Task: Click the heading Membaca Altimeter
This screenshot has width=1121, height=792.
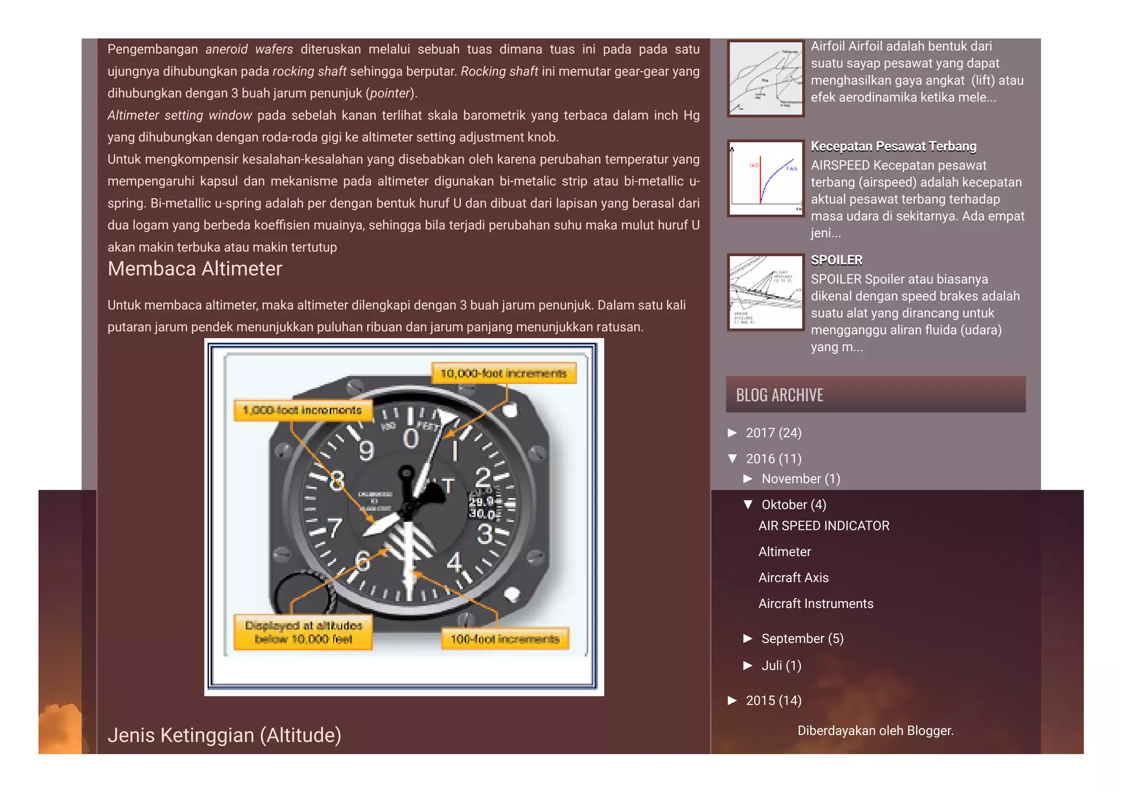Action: pyautogui.click(x=194, y=269)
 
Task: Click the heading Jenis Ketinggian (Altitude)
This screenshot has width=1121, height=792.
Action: pyautogui.click(x=224, y=735)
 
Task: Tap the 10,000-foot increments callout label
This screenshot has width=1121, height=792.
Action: pyautogui.click(x=503, y=373)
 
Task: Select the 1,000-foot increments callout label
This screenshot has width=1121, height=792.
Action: pyautogui.click(x=302, y=410)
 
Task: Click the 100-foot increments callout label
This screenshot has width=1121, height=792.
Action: pyautogui.click(x=505, y=639)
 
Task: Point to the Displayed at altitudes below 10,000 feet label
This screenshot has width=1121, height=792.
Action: pyautogui.click(x=303, y=632)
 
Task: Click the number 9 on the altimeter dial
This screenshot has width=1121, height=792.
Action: pyautogui.click(x=366, y=451)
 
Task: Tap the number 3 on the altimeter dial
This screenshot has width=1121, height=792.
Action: pyautogui.click(x=485, y=534)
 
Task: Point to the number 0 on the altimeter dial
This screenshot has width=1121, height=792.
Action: pyautogui.click(x=411, y=438)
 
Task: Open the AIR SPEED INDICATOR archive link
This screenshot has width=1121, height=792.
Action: pyautogui.click(x=823, y=526)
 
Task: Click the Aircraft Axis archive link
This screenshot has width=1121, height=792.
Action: pyautogui.click(x=793, y=578)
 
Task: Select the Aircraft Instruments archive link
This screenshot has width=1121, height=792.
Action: pyautogui.click(x=816, y=604)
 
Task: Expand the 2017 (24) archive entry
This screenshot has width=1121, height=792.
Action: pyautogui.click(x=773, y=433)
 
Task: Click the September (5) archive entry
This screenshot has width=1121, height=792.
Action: pyautogui.click(x=802, y=639)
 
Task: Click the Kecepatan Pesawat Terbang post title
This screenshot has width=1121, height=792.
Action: pyautogui.click(x=893, y=147)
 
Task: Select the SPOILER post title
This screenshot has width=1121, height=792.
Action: pyautogui.click(x=836, y=261)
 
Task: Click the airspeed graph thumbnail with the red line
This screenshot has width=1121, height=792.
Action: pyautogui.click(x=765, y=178)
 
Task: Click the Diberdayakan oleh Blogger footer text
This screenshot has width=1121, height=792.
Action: pyautogui.click(x=875, y=731)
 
